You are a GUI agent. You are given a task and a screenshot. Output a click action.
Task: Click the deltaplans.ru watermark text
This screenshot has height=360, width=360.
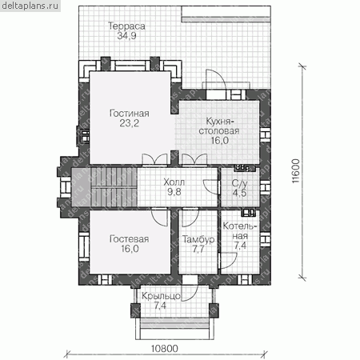point(30,6)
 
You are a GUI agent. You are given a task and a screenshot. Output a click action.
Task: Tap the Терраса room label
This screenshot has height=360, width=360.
point(126,26)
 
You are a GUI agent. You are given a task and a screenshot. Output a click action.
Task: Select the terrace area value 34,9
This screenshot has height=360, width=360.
point(126,36)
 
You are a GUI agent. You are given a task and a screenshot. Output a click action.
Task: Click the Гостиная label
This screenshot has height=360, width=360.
point(130,114)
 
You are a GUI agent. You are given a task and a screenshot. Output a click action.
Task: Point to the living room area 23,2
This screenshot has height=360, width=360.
point(130,123)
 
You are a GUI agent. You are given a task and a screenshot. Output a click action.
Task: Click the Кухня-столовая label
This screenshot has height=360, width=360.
point(219,126)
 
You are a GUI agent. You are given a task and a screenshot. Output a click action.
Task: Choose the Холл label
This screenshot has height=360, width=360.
point(174,182)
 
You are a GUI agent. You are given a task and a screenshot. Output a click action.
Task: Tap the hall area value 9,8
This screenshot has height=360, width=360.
point(174,192)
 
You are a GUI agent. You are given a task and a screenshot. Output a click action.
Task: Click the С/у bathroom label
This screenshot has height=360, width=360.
point(239,183)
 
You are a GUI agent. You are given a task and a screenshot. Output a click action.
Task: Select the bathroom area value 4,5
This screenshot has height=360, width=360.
point(239,193)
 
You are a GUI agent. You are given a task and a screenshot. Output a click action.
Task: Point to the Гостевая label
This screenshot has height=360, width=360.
point(130,239)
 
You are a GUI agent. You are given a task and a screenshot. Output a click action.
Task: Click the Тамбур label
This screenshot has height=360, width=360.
point(198,239)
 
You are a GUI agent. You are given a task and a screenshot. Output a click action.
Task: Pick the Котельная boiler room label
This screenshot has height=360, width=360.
point(240,231)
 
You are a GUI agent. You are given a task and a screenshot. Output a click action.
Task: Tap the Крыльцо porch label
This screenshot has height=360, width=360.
point(161,296)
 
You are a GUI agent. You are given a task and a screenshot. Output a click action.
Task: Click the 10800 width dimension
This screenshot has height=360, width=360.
point(165,349)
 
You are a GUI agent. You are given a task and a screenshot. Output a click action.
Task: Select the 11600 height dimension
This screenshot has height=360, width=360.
point(295,171)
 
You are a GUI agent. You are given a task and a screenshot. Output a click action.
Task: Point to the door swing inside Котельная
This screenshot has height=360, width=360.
point(228,260)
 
